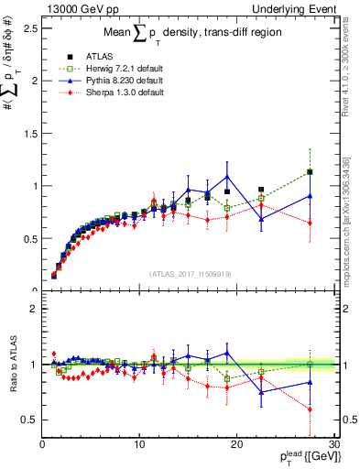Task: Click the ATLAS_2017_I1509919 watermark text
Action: pyautogui.click(x=190, y=272)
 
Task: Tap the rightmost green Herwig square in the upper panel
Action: pyautogui.click(x=311, y=172)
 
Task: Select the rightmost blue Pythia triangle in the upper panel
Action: pyautogui.click(x=311, y=195)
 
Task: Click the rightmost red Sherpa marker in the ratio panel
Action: pyautogui.click(x=311, y=409)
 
